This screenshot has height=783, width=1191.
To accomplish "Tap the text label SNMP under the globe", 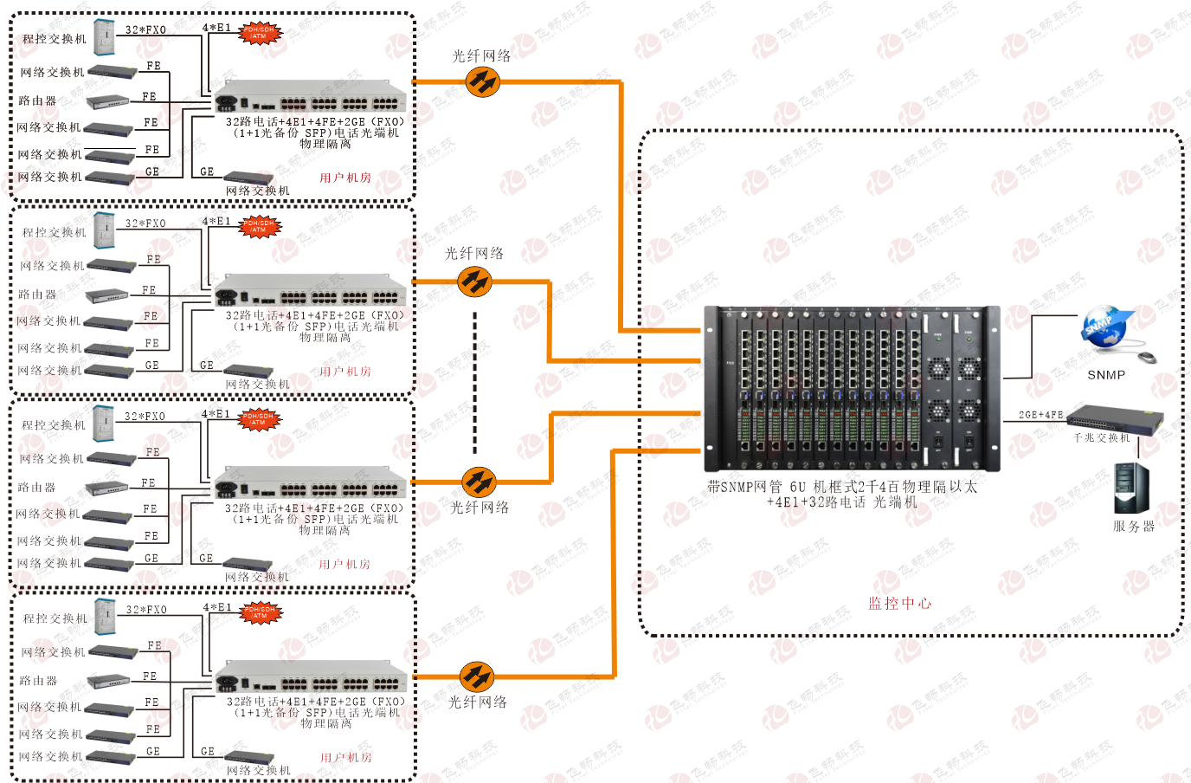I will pyautogui.click(x=1106, y=375).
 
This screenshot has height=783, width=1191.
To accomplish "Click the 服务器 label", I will pyautogui.click(x=1134, y=527).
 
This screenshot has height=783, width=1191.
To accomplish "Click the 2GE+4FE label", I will pyautogui.click(x=1040, y=416).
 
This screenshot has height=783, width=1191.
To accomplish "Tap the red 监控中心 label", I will pyautogui.click(x=900, y=604).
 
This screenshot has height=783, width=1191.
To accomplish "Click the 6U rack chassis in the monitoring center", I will pyautogui.click(x=852, y=387).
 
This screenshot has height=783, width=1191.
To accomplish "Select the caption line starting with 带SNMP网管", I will pyautogui.click(x=842, y=487).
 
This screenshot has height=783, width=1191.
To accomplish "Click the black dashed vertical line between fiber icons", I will pyautogui.click(x=474, y=382).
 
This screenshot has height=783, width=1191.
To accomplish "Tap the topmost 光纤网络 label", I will pyautogui.click(x=481, y=56).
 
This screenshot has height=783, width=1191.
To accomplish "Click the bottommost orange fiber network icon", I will pyautogui.click(x=476, y=676).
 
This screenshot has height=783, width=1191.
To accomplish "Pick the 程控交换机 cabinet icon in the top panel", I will pyautogui.click(x=105, y=37).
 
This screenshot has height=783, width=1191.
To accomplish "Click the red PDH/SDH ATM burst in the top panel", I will pyautogui.click(x=259, y=34).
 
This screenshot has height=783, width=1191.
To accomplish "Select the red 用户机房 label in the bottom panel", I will pyautogui.click(x=346, y=758).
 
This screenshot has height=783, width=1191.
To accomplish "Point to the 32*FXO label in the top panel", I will pyautogui.click(x=145, y=30).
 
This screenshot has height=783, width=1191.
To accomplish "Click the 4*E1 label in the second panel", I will pyautogui.click(x=216, y=222).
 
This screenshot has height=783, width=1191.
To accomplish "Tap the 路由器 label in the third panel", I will pyautogui.click(x=36, y=488).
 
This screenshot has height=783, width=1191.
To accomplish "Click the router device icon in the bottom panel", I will pyautogui.click(x=108, y=681).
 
